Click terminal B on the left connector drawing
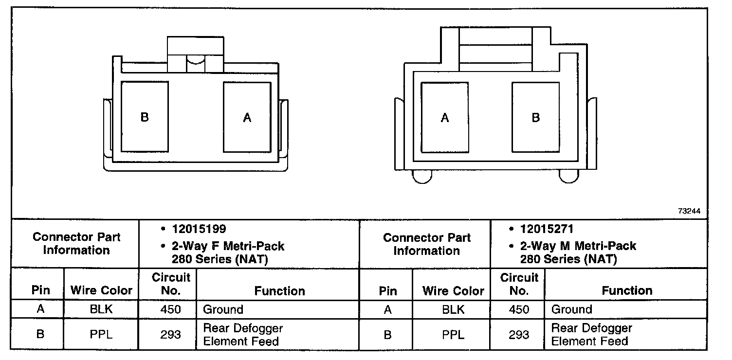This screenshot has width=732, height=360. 145,117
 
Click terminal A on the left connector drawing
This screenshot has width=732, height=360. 247,117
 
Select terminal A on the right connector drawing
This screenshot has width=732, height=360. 445,117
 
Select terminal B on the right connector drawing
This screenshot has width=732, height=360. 535,117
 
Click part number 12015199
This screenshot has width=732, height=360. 199,229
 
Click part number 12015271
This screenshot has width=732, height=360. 547,229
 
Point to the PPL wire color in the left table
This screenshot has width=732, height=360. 101,335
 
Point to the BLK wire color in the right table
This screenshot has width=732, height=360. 454,309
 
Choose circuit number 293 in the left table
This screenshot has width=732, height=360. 170,335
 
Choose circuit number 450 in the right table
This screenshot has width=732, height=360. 519,309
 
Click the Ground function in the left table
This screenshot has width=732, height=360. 223,309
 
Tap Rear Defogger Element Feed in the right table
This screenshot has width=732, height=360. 591,335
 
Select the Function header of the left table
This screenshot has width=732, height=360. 280,291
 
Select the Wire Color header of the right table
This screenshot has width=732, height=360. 454,291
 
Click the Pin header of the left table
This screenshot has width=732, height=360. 41,291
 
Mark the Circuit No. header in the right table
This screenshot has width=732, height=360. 519,284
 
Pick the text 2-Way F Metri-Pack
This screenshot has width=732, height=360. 228,246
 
